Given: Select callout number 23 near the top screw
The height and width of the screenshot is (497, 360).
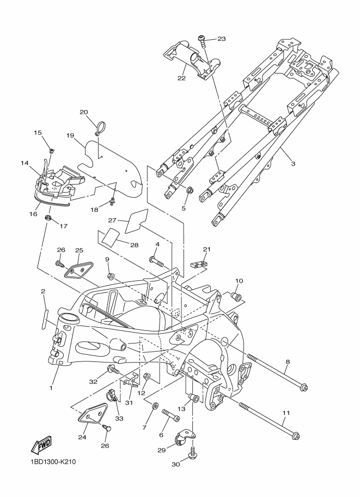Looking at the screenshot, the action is (x=222, y=39).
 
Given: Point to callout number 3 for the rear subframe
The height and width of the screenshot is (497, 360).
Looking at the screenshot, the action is (x=293, y=164).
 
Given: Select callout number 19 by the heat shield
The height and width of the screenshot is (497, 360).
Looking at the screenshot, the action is (x=70, y=136).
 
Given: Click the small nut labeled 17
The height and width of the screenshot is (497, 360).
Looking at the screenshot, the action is (x=48, y=218).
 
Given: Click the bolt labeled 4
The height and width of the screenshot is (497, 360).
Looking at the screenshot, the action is (x=156, y=261).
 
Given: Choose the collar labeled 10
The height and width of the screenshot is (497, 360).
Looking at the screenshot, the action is (x=236, y=297).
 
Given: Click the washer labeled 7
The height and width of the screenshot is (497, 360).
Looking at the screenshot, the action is (x=155, y=406).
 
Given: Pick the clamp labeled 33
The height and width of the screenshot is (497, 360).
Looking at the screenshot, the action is (x=112, y=395).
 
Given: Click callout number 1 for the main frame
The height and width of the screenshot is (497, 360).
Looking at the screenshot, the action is (x=51, y=388).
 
